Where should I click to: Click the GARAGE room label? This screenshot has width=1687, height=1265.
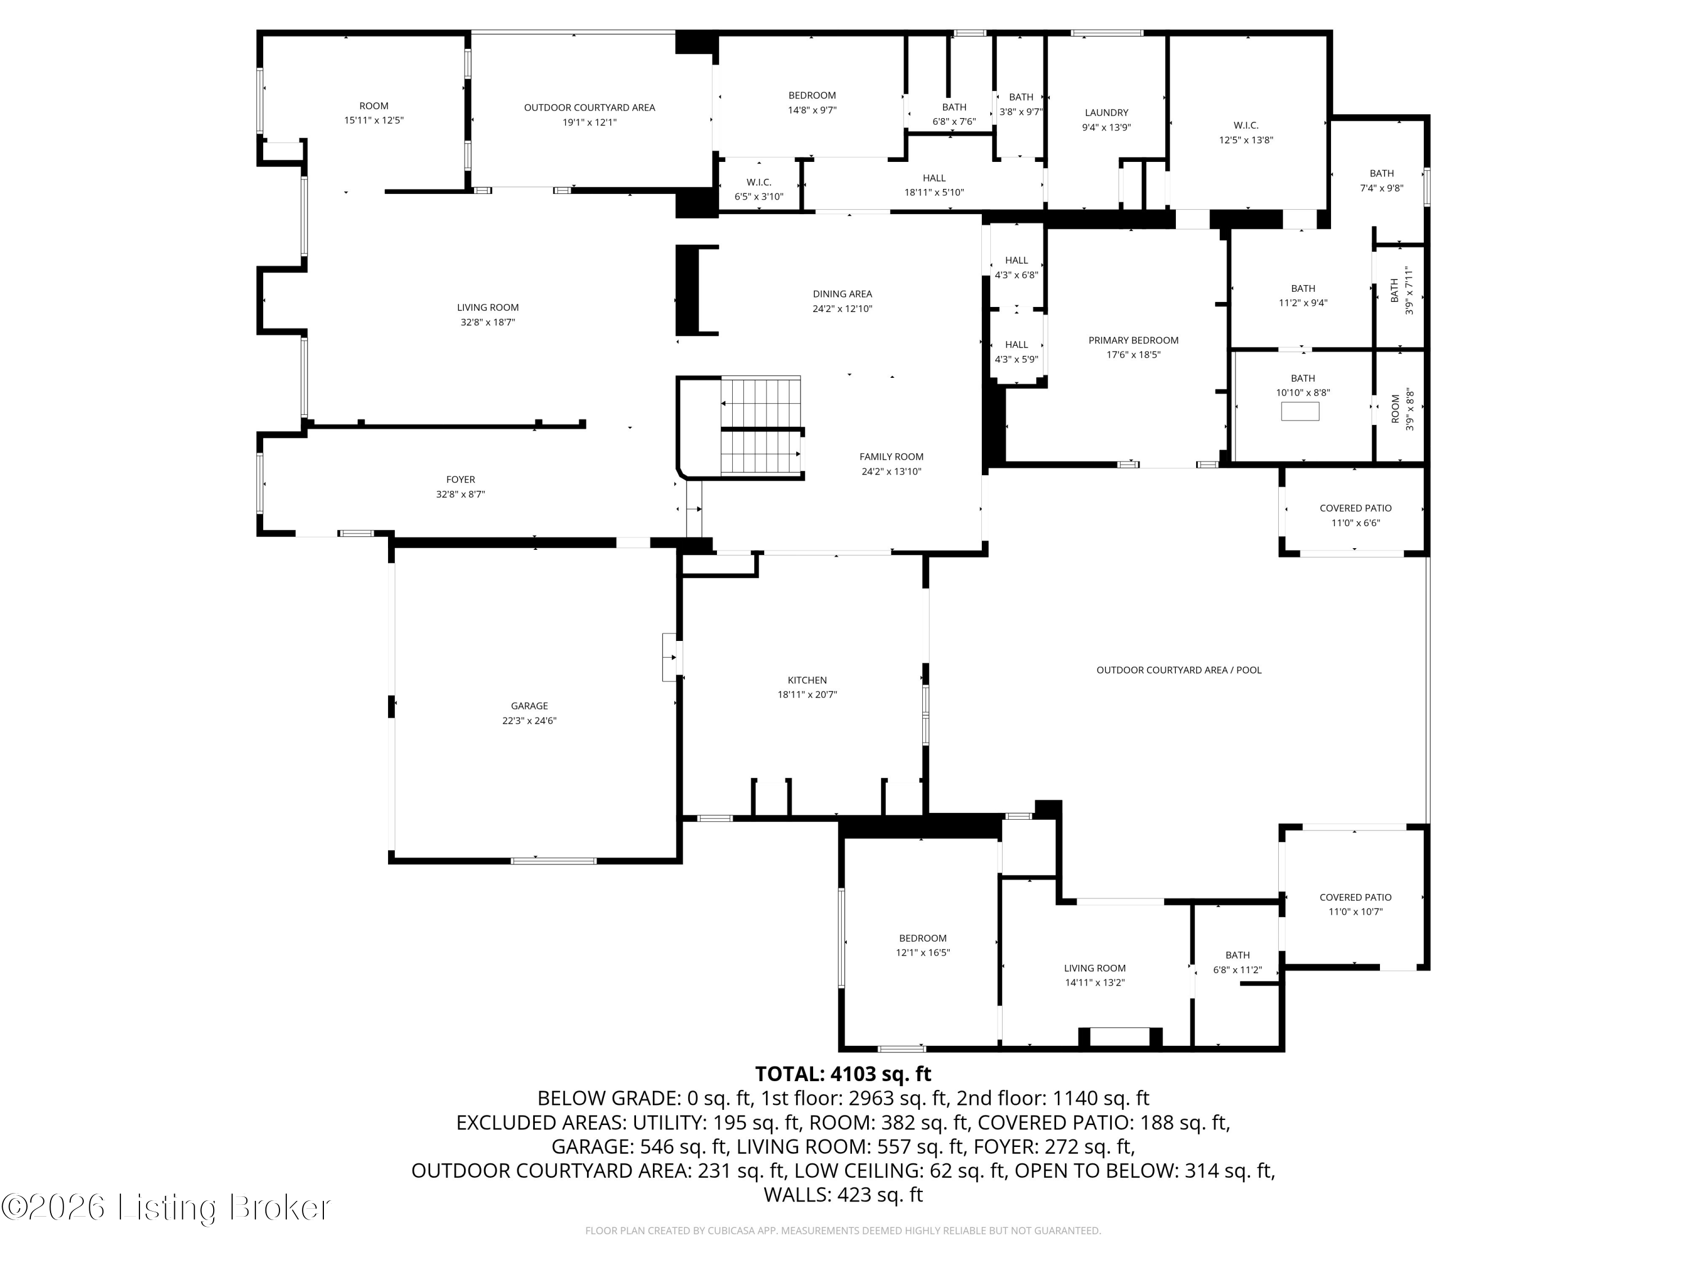[x=529, y=706]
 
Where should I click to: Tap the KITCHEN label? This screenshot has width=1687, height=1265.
[x=807, y=680]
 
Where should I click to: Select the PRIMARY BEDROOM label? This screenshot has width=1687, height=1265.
[x=1133, y=340]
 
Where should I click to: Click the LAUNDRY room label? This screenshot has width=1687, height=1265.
[x=1106, y=113]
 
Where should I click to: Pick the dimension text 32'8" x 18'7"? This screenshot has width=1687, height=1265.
[x=488, y=322]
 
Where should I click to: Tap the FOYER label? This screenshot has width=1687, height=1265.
[x=461, y=480]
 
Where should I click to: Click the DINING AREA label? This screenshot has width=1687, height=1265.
[x=842, y=293]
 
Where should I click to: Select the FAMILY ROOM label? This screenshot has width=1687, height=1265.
[x=891, y=457]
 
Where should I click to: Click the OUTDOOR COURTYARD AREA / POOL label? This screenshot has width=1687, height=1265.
[x=1178, y=670]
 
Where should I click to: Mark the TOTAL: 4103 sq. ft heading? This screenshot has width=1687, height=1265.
[x=843, y=1074]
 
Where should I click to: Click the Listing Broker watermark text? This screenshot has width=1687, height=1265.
[x=166, y=1207]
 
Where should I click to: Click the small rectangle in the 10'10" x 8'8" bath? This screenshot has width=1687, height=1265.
[x=1300, y=412]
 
